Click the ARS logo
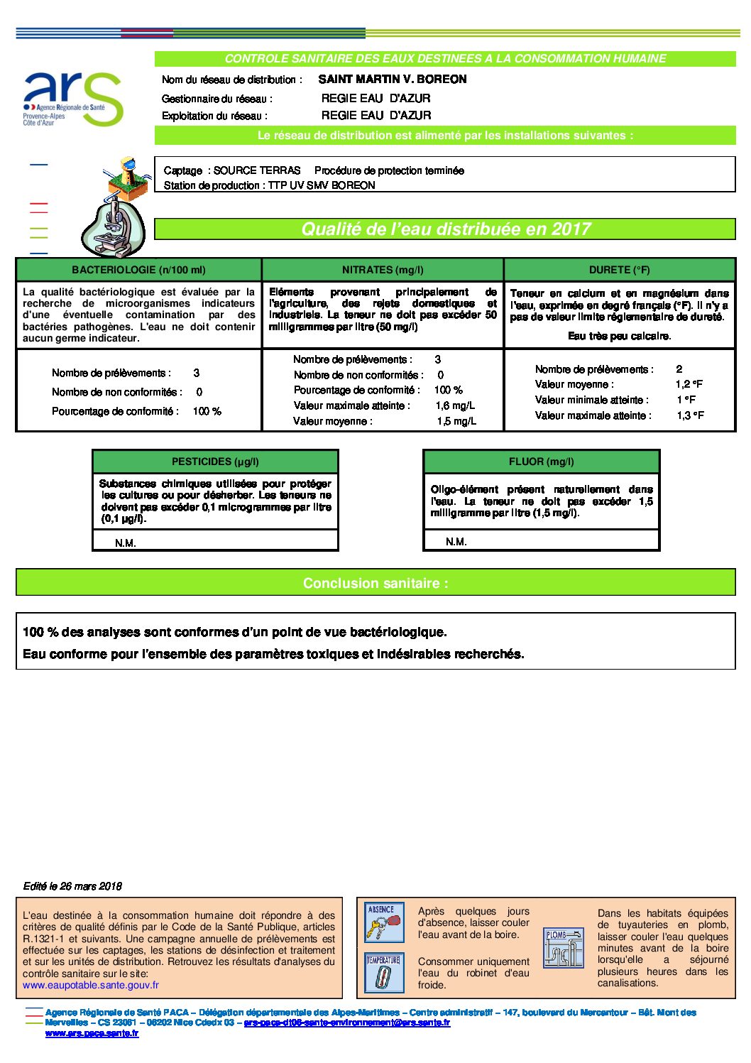72,99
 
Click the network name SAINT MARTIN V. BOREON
392,80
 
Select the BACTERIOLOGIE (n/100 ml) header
138,270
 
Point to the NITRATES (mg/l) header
383,270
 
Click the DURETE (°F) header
619,270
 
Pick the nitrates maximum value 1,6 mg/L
455,405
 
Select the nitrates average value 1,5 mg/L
456,421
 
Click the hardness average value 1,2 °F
689,384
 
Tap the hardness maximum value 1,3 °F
691,415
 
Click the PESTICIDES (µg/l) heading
215,462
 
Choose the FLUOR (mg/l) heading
541,462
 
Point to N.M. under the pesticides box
126,543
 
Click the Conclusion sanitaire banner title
375,583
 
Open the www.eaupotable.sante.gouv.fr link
91,985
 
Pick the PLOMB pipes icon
563,947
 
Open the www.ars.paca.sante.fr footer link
92,1033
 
